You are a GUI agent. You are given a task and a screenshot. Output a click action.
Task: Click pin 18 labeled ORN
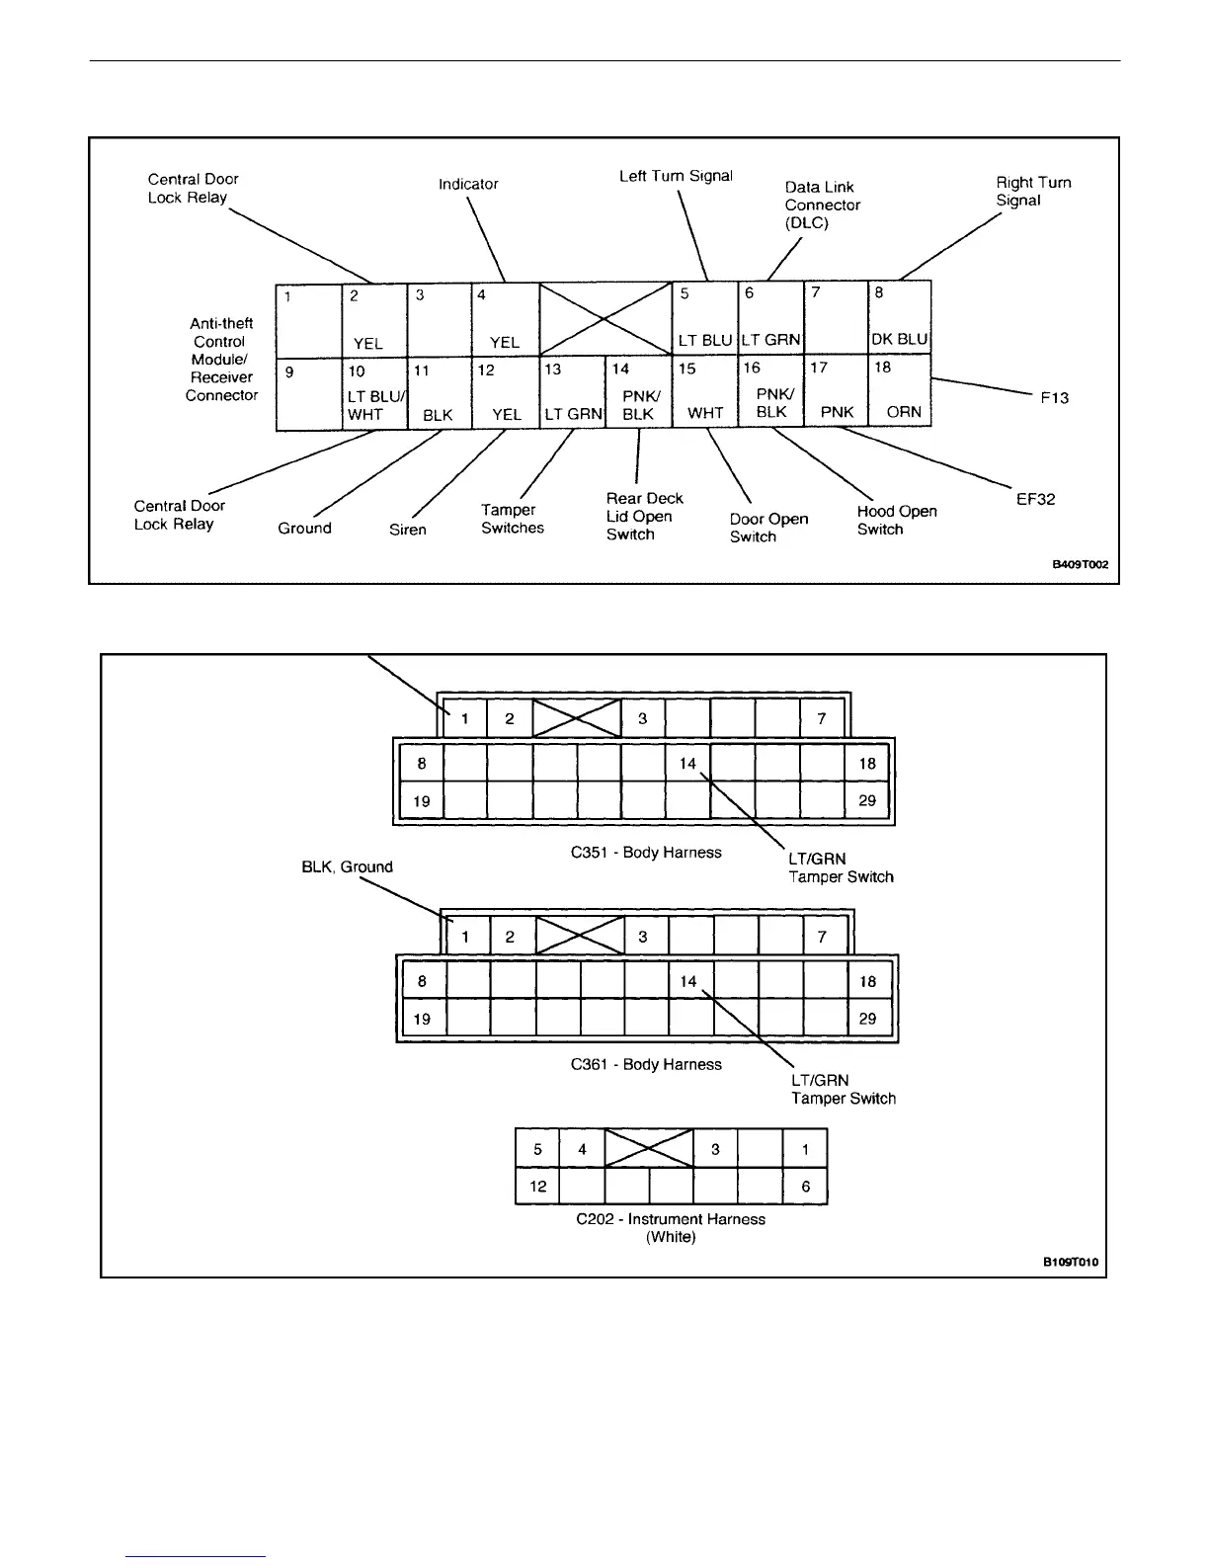click(x=900, y=391)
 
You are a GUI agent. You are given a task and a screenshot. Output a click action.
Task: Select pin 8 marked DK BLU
click(x=900, y=317)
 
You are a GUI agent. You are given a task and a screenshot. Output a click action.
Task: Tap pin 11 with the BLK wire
click(x=439, y=393)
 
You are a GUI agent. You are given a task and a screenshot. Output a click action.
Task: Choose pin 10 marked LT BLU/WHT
click(x=374, y=393)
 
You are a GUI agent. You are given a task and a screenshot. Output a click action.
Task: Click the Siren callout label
click(x=408, y=530)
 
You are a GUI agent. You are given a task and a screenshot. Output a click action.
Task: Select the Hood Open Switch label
click(x=896, y=520)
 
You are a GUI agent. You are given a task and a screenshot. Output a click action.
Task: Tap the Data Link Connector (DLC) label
click(x=822, y=205)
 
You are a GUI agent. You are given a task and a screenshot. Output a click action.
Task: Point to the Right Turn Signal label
click(x=1032, y=191)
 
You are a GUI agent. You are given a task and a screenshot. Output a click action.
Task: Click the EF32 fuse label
click(x=1035, y=499)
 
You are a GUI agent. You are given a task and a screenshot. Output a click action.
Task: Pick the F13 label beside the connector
click(x=1054, y=397)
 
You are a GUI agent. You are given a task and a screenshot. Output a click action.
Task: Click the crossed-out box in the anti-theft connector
click(x=604, y=318)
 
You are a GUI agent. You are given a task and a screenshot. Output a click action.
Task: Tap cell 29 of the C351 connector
click(x=867, y=800)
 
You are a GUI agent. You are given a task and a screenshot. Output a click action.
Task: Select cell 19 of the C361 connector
click(x=422, y=1019)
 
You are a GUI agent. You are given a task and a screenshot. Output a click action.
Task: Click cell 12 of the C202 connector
click(x=537, y=1186)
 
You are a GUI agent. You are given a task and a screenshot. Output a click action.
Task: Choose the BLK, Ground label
click(x=347, y=866)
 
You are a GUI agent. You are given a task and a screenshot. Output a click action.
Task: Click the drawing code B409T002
click(x=1079, y=565)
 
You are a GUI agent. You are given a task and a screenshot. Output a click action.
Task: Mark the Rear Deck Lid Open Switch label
click(x=644, y=516)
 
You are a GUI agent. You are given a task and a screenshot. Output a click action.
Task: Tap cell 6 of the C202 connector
click(x=806, y=1186)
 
